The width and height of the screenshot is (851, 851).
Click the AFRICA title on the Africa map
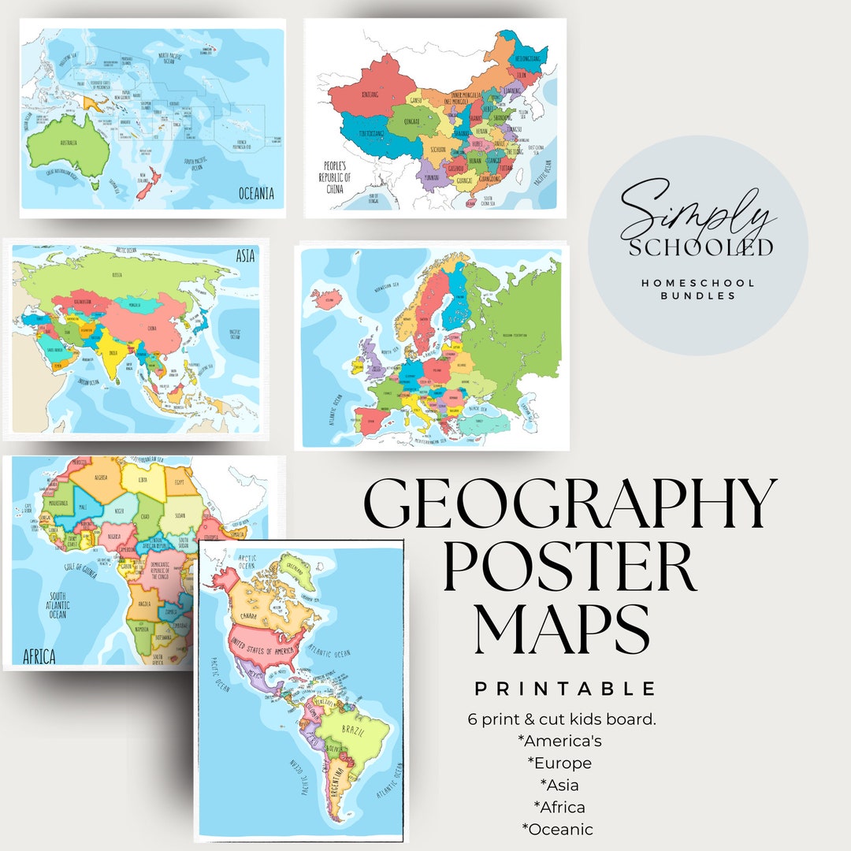(39, 656)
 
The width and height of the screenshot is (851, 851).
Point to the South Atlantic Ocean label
(58, 606)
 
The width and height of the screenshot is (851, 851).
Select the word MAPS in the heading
(562, 629)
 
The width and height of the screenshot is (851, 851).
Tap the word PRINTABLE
(565, 689)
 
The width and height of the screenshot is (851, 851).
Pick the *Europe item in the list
(559, 763)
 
